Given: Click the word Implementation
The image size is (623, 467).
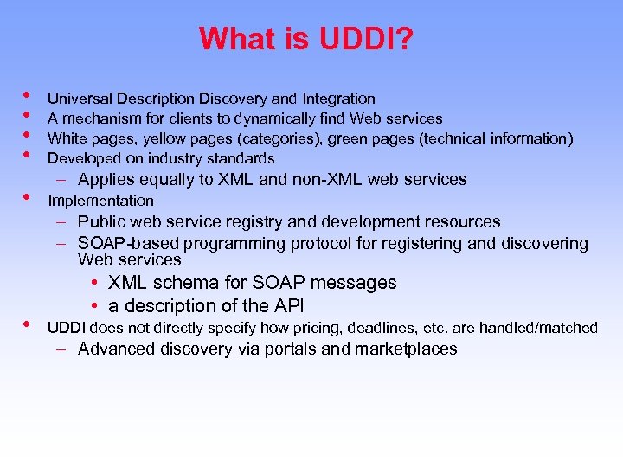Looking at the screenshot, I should coord(100,201).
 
